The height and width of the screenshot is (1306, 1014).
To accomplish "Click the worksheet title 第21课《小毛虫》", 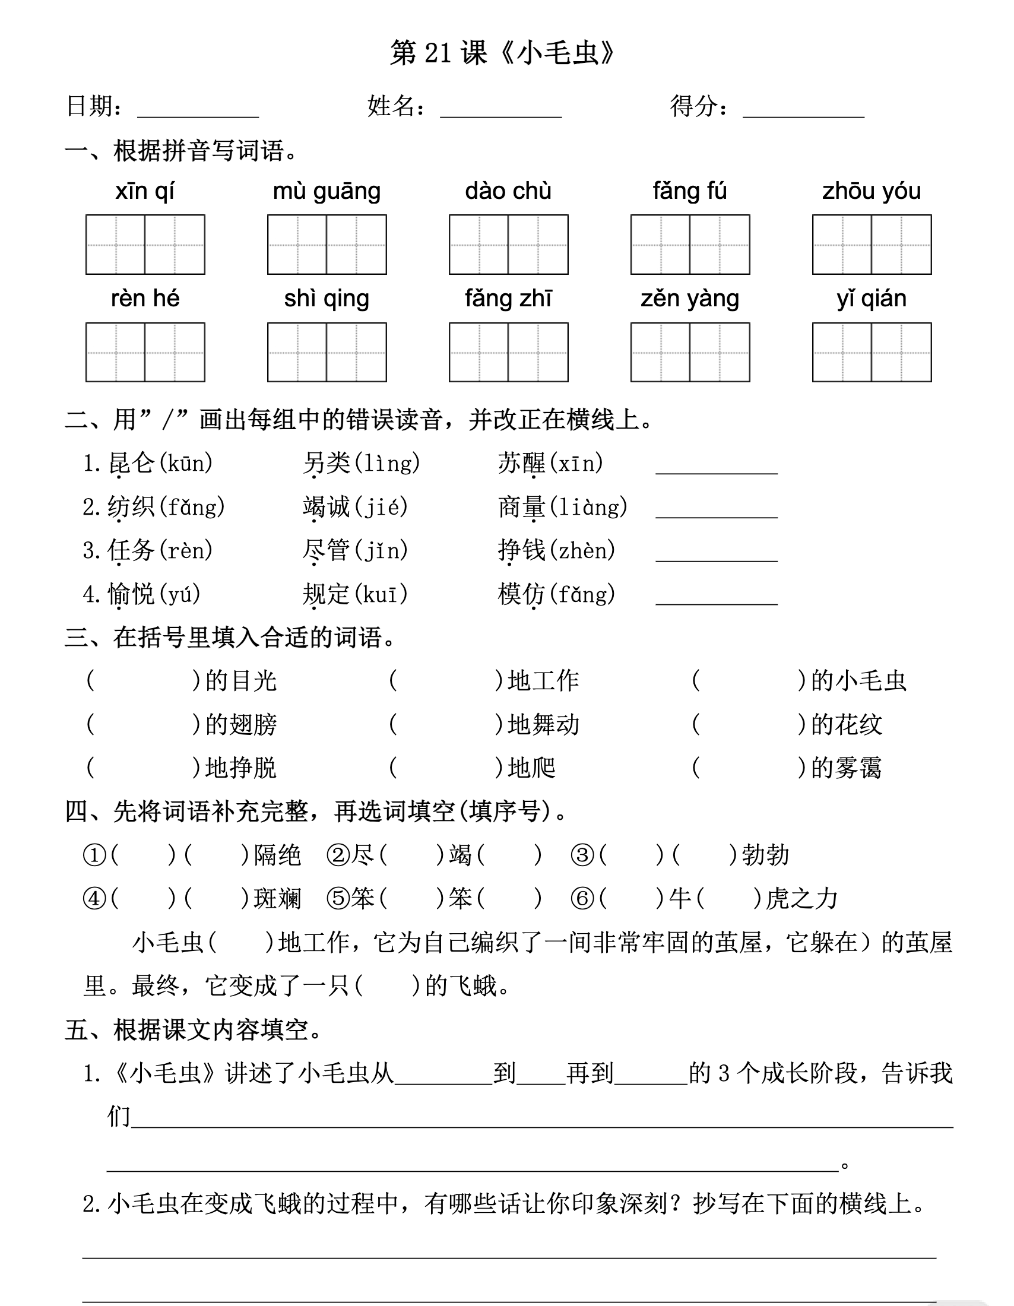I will (x=502, y=53).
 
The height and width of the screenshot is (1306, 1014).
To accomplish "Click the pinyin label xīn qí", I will (x=145, y=191).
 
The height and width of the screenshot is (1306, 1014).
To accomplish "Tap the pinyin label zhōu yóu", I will (x=871, y=191).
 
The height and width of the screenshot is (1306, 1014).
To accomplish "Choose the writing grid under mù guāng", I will (x=327, y=245).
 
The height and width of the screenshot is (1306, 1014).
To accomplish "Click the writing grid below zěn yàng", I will (x=690, y=352).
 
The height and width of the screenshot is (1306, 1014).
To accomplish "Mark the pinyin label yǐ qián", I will (x=871, y=299).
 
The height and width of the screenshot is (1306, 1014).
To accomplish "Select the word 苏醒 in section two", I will (x=521, y=464).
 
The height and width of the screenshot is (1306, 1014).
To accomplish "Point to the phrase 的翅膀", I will (x=241, y=725).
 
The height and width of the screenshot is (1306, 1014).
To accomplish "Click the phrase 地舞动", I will (x=543, y=725).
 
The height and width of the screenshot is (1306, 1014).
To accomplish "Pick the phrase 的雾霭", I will (x=846, y=768).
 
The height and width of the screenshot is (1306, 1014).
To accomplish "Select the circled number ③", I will (x=582, y=855).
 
